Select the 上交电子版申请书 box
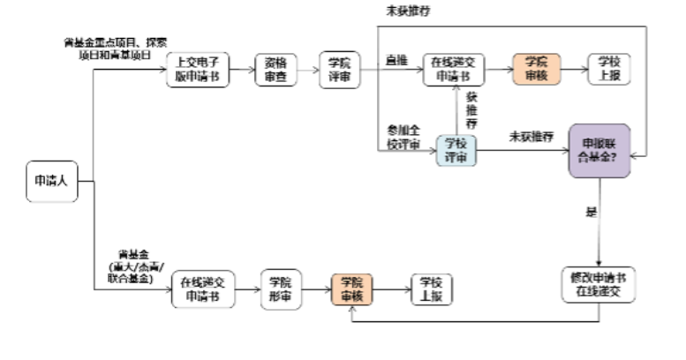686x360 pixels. pos(192,68)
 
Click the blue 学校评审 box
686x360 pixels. pos(456,149)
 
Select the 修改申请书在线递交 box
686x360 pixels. pos(598,283)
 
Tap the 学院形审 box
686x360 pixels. pos(281,289)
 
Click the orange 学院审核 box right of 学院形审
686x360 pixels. pos(352,289)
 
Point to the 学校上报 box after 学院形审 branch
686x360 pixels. pos(431,289)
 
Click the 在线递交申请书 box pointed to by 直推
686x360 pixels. pos(456,68)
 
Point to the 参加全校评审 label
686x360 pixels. pos(401,138)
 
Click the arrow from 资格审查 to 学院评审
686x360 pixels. pos(305,68)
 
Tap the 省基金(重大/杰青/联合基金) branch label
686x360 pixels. pos(129,266)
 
